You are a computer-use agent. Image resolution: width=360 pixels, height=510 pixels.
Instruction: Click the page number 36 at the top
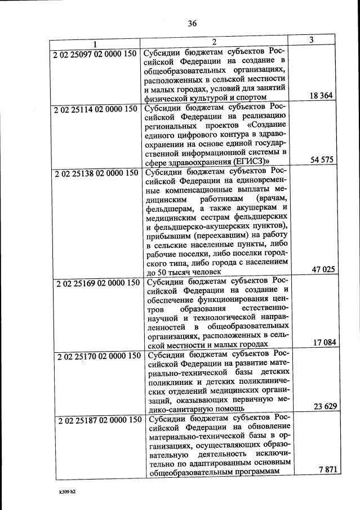coord(192,23)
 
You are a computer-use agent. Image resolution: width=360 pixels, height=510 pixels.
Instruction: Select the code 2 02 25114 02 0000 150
coord(96,110)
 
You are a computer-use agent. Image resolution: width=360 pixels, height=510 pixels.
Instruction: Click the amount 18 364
coord(321,96)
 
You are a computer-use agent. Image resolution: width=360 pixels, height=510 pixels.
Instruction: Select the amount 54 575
coord(322,159)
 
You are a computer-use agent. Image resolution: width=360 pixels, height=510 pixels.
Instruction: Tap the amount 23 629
coord(326,406)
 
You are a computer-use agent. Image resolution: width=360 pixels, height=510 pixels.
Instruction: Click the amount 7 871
coord(329,470)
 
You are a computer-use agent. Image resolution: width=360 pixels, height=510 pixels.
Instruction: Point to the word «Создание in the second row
coord(266,125)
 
